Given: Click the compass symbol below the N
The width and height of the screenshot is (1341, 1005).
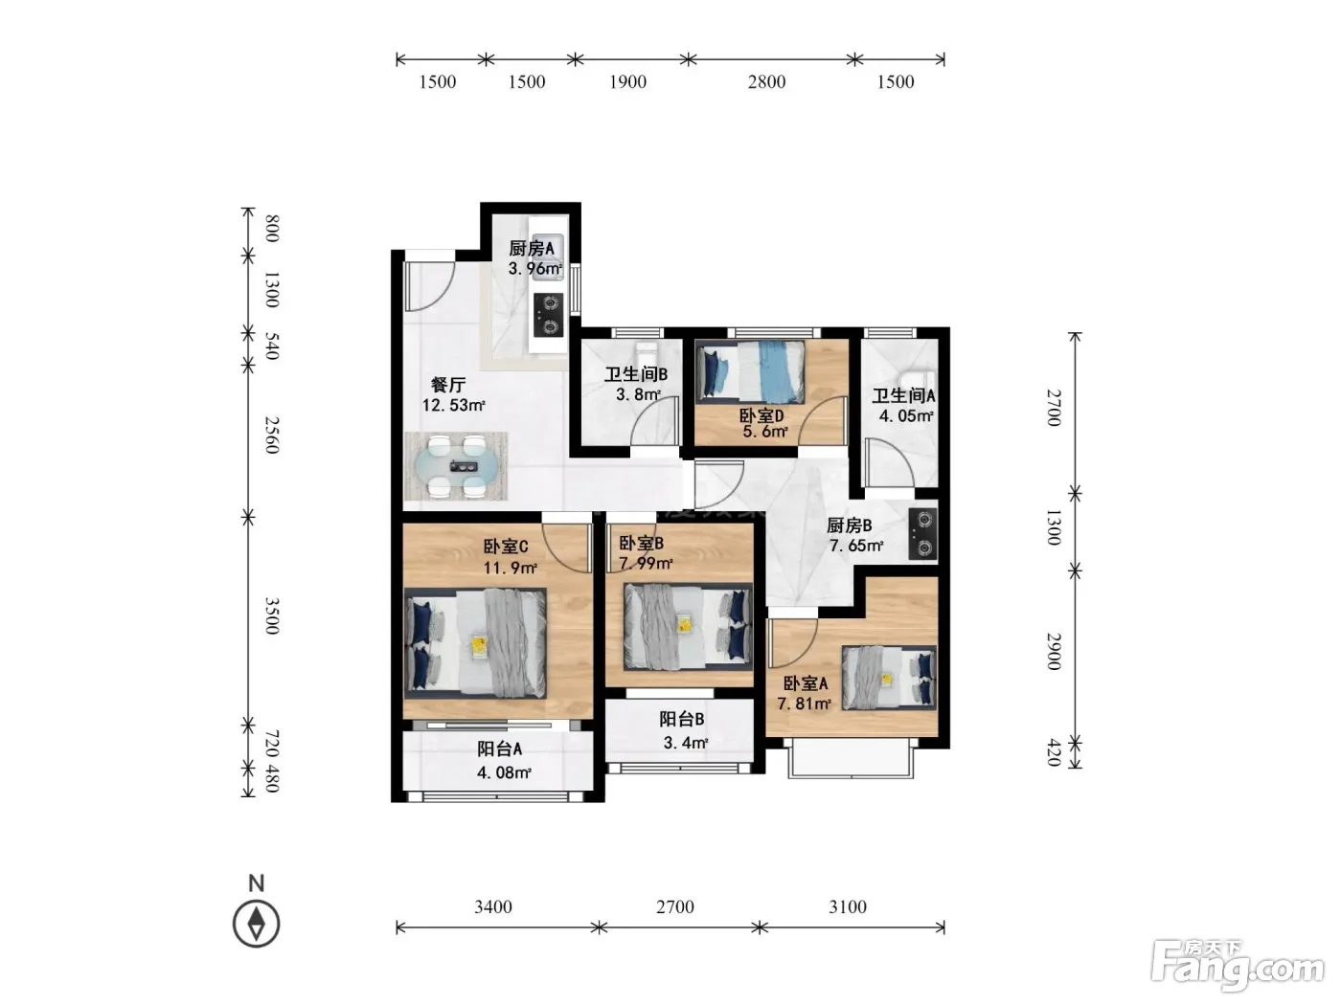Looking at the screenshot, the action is pos(256,924).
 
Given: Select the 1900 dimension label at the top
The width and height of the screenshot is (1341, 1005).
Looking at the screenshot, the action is pos(627,81).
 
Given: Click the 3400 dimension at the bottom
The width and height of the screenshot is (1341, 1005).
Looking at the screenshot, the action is pos(493,906).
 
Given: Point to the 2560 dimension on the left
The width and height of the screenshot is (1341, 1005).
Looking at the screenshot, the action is pos(272,435).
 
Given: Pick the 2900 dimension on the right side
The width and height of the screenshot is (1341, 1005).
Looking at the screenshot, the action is pos(1054,652).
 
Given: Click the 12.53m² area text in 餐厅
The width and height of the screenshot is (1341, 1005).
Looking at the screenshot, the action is pos(453,405).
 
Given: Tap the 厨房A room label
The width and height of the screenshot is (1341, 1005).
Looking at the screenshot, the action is pos(532,248).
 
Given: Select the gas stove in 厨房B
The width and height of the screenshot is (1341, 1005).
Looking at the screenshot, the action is pos(922,534).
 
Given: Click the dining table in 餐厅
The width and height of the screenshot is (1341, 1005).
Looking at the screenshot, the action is pos(456,466).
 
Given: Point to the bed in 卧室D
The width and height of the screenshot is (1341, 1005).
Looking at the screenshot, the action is pos(751,371).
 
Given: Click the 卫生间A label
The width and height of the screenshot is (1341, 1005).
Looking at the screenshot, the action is pos(903,396).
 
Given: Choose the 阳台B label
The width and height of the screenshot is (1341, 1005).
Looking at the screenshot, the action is pos(682,720).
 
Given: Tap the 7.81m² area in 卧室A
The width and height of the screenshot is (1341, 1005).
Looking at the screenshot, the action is pos(804,703).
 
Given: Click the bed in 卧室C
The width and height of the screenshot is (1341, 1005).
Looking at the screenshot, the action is pos(475,643).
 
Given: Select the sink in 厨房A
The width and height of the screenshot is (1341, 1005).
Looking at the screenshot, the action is pos(547,257).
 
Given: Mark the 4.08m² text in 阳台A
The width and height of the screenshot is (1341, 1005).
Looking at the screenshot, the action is pos(504,772).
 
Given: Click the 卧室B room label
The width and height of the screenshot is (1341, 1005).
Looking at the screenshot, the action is pos(642,543).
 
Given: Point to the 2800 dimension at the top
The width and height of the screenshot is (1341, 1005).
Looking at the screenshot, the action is pos(766,81).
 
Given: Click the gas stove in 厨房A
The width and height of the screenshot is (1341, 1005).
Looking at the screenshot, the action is pos(548,315).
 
